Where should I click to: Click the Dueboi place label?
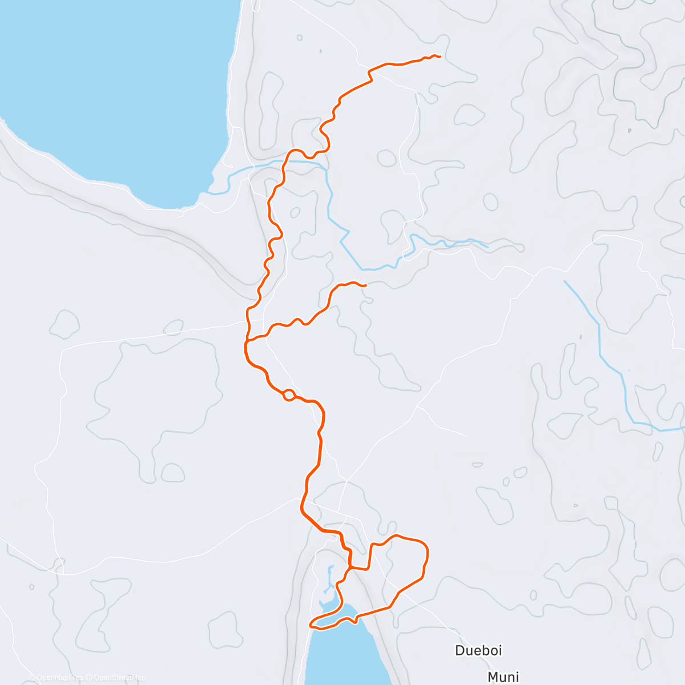click(x=478, y=650)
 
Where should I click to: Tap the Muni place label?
click(x=503, y=677)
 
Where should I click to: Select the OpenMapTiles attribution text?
click(x=57, y=678)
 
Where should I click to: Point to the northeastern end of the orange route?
click(x=440, y=56)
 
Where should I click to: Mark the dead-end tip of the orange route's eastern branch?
click(x=365, y=285)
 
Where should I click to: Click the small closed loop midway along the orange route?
click(x=289, y=394)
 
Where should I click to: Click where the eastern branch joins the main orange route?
click(x=247, y=341)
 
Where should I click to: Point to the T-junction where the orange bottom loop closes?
click(x=351, y=568)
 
